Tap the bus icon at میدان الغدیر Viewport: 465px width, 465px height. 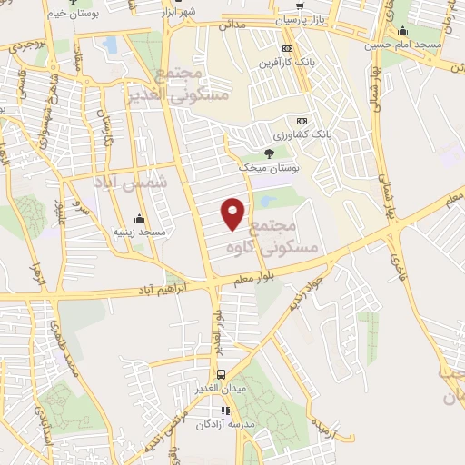(x=222, y=374)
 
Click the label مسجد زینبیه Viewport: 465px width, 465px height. (x=139, y=232)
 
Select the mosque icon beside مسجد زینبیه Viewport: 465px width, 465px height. (x=139, y=218)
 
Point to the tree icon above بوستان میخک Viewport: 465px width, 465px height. (x=268, y=153)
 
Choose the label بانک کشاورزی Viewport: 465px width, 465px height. (x=307, y=134)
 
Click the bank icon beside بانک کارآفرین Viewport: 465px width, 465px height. (x=288, y=48)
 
